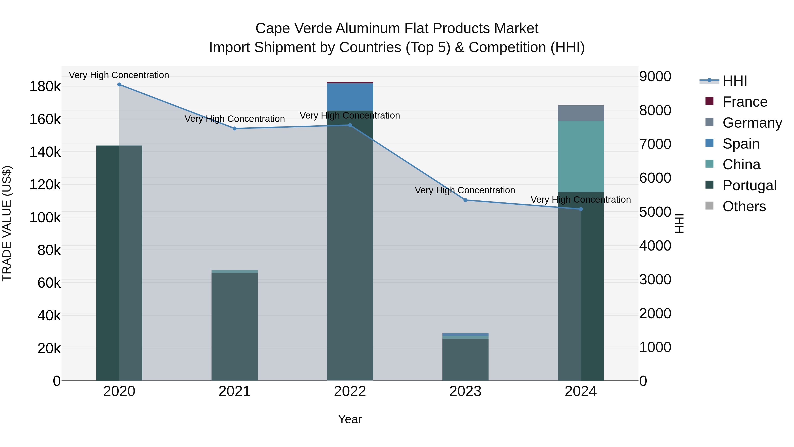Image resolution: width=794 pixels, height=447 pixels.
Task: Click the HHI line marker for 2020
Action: [119, 85]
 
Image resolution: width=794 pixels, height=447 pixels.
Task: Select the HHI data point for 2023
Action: [465, 200]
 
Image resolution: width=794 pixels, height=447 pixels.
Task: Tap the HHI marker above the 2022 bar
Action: [350, 125]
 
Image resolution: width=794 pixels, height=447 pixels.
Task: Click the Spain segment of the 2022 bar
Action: [350, 96]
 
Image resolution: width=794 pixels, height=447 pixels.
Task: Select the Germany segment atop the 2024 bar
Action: [581, 113]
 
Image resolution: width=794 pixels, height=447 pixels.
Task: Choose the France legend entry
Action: [745, 102]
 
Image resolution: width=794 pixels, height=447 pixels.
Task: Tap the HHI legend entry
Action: [734, 81]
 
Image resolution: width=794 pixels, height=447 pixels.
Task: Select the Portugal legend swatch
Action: [709, 185]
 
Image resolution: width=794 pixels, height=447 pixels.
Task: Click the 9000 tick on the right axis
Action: [655, 77]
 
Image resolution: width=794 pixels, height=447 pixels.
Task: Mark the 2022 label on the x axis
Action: [350, 391]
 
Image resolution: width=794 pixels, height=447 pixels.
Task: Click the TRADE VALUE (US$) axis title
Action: [7, 223]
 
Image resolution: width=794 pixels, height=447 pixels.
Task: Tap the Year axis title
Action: [350, 419]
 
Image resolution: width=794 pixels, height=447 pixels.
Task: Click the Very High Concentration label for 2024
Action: [581, 200]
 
